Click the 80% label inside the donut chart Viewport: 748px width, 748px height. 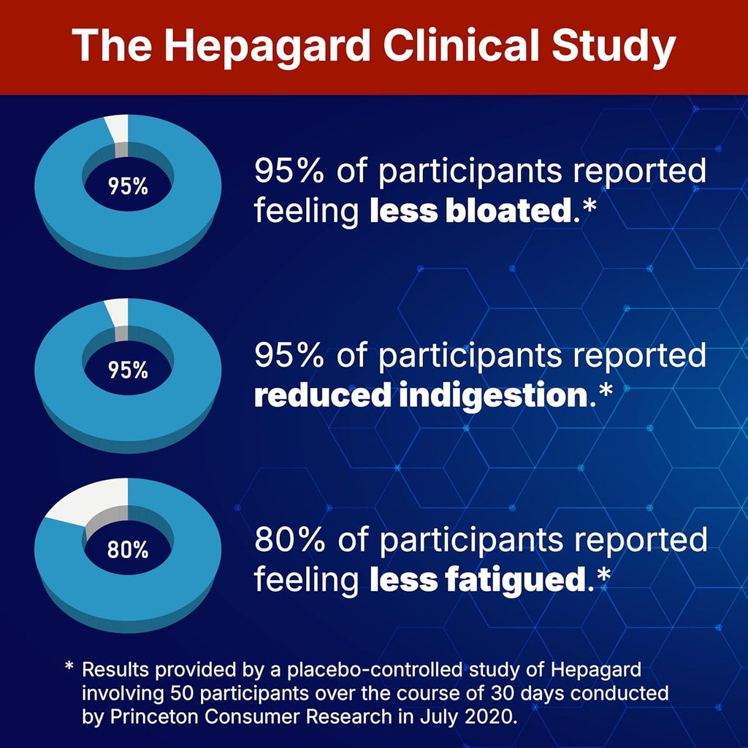tap(128, 549)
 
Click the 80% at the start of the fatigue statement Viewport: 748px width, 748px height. tap(286, 541)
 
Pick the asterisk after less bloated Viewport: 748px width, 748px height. tap(588, 210)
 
